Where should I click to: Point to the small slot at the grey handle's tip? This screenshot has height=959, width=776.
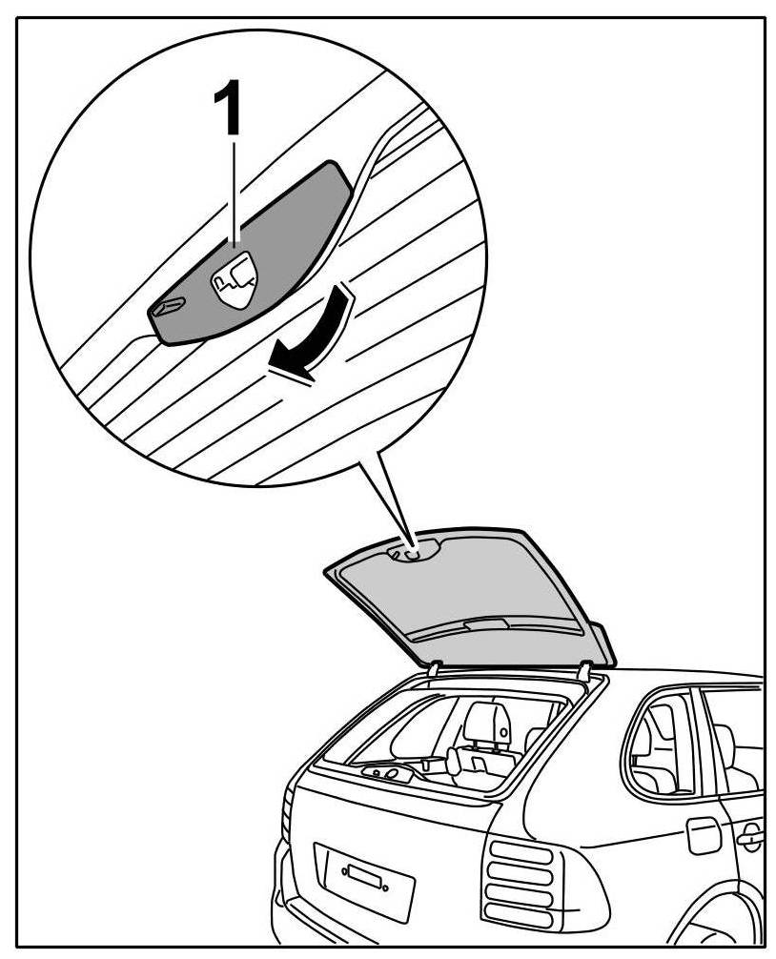click(x=168, y=307)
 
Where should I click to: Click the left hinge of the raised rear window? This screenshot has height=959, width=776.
click(x=433, y=670)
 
